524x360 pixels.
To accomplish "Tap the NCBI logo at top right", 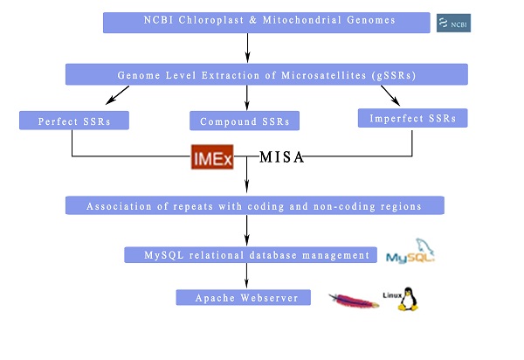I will pyautogui.click(x=453, y=23).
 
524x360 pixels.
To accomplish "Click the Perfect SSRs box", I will pyautogui.click(x=74, y=120).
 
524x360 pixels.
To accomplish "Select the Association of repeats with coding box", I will pyautogui.click(x=255, y=205).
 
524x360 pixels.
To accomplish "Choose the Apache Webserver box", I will pyautogui.click(x=243, y=298).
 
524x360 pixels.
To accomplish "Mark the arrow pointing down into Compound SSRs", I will pyautogui.click(x=247, y=97).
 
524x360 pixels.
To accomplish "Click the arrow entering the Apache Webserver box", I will pyautogui.click(x=247, y=277).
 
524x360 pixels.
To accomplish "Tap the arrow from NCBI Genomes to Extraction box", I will pyautogui.click(x=248, y=47).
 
